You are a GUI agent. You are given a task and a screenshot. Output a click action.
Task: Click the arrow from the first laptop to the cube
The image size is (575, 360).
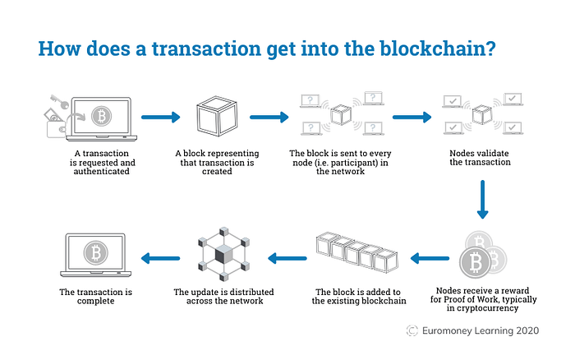coord(161,118)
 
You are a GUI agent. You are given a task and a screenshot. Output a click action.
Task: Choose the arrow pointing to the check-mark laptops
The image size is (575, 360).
coord(412,118)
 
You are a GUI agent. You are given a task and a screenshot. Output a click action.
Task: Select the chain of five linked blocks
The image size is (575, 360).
coord(357,254)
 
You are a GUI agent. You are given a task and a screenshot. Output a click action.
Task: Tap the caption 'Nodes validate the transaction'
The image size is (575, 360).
coord(481,158)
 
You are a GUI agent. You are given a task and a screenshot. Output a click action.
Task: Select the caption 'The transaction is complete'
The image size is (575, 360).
coord(96,297)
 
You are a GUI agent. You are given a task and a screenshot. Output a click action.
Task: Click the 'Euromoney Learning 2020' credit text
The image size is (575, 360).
coord(491,330)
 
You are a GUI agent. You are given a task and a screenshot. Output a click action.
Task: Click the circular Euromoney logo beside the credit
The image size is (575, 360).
coord(413,330)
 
